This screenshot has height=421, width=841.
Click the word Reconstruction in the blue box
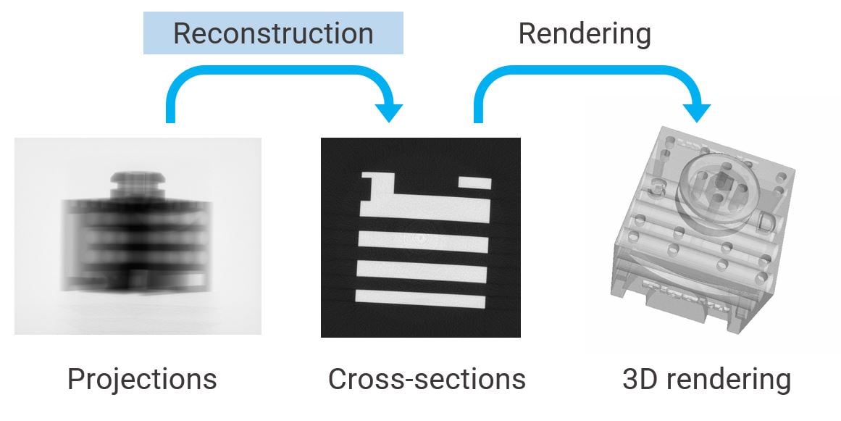pyautogui.click(x=273, y=33)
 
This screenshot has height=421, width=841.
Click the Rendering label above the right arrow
pyautogui.click(x=584, y=33)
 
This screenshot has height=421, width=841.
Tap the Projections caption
pyautogui.click(x=141, y=379)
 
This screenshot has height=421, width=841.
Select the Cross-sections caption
pyautogui.click(x=427, y=379)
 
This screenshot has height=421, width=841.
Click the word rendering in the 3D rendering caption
pyautogui.click(x=731, y=379)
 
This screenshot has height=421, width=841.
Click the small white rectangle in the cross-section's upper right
pyautogui.click(x=475, y=183)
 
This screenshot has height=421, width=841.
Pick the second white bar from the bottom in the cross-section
pyautogui.click(x=420, y=273)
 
